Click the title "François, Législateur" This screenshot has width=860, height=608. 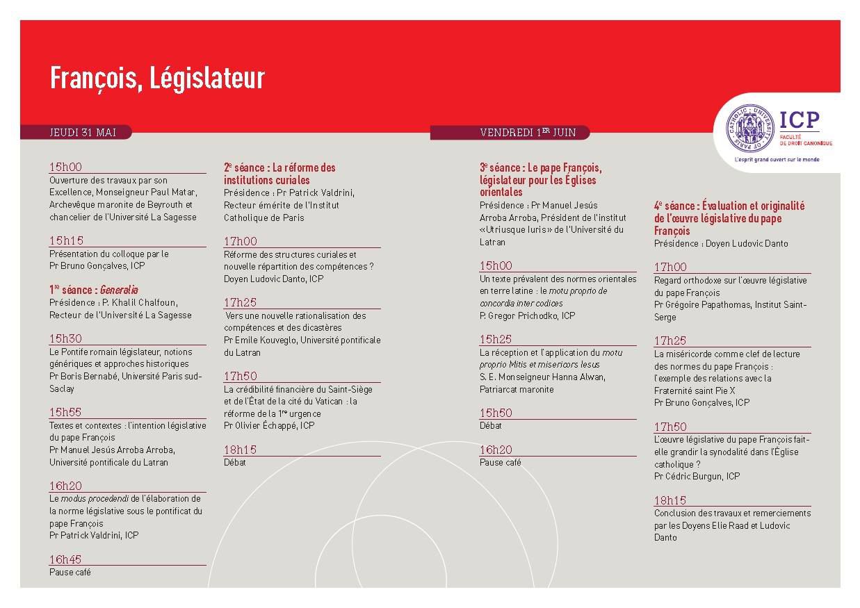coord(157,79)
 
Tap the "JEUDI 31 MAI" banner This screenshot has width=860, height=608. coord(83,132)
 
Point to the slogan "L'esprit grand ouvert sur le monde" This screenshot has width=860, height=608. coord(777,159)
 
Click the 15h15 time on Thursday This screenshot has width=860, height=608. coord(66,240)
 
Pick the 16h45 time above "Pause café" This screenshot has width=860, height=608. coord(65,559)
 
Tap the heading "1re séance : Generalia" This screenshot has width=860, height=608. coord(94,290)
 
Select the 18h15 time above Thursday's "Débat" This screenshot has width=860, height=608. coord(240,450)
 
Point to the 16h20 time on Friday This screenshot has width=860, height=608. coord(496,450)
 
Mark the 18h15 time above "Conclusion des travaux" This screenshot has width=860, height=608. coord(670,500)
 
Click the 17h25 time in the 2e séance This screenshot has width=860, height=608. coord(240,302)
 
